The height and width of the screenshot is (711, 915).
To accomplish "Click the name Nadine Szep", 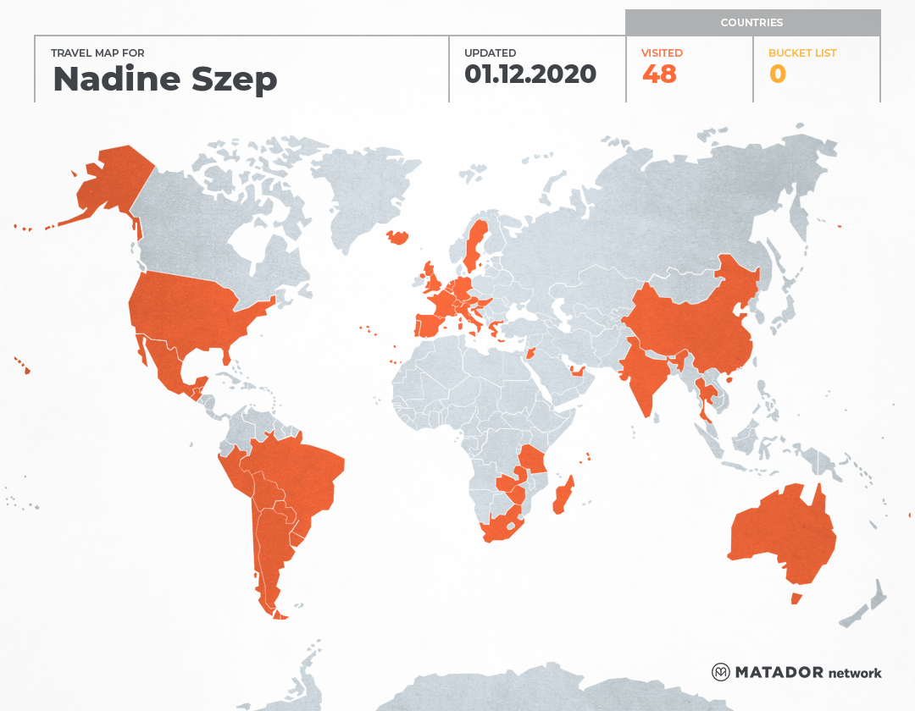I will pyautogui.click(x=165, y=79).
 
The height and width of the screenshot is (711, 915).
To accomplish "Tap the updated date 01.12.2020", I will pyautogui.click(x=530, y=74).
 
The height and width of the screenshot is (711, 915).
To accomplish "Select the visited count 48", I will pyautogui.click(x=659, y=74).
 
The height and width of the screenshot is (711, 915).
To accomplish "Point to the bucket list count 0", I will pyautogui.click(x=777, y=74).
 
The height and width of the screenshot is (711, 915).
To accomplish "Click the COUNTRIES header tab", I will pyautogui.click(x=751, y=23).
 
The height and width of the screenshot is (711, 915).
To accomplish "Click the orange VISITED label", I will pyautogui.click(x=662, y=52).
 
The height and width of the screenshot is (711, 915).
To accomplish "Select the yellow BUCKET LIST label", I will pyautogui.click(x=801, y=52).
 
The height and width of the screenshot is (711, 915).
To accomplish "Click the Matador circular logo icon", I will pyautogui.click(x=721, y=672).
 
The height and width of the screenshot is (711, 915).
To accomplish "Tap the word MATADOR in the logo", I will pyautogui.click(x=779, y=673).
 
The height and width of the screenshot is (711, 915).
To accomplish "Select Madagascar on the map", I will pyautogui.click(x=563, y=496).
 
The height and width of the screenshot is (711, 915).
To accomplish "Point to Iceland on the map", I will pyautogui.click(x=397, y=238).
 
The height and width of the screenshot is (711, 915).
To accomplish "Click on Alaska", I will pyautogui.click(x=110, y=182).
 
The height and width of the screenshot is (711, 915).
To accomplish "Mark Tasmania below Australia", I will pyautogui.click(x=796, y=598).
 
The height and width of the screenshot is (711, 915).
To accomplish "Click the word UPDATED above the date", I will pyautogui.click(x=490, y=52).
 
